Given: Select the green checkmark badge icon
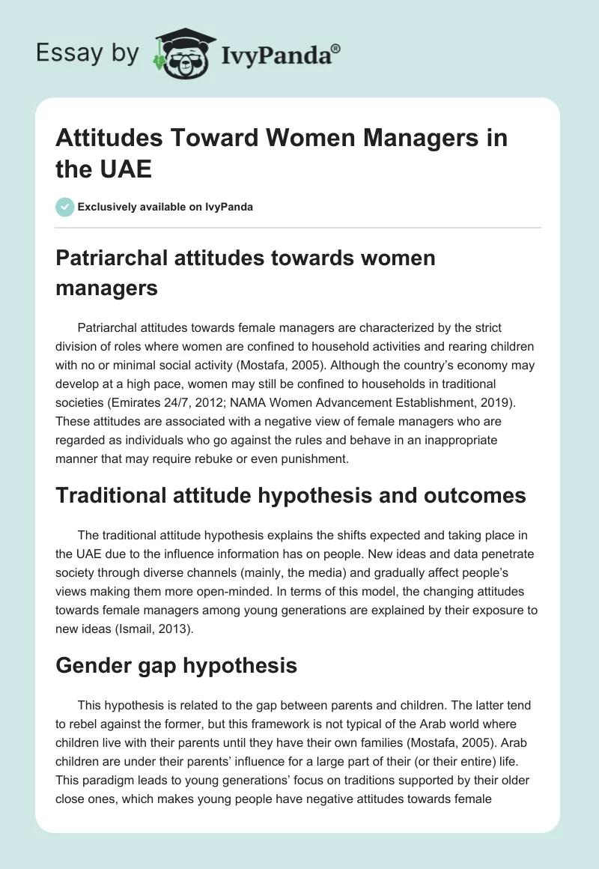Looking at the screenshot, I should [x=65, y=207].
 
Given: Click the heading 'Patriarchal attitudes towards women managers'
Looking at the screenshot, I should [x=246, y=273].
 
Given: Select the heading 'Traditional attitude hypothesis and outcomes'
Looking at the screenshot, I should [x=291, y=494].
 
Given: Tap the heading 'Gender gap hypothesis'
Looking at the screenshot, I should [x=177, y=664].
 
